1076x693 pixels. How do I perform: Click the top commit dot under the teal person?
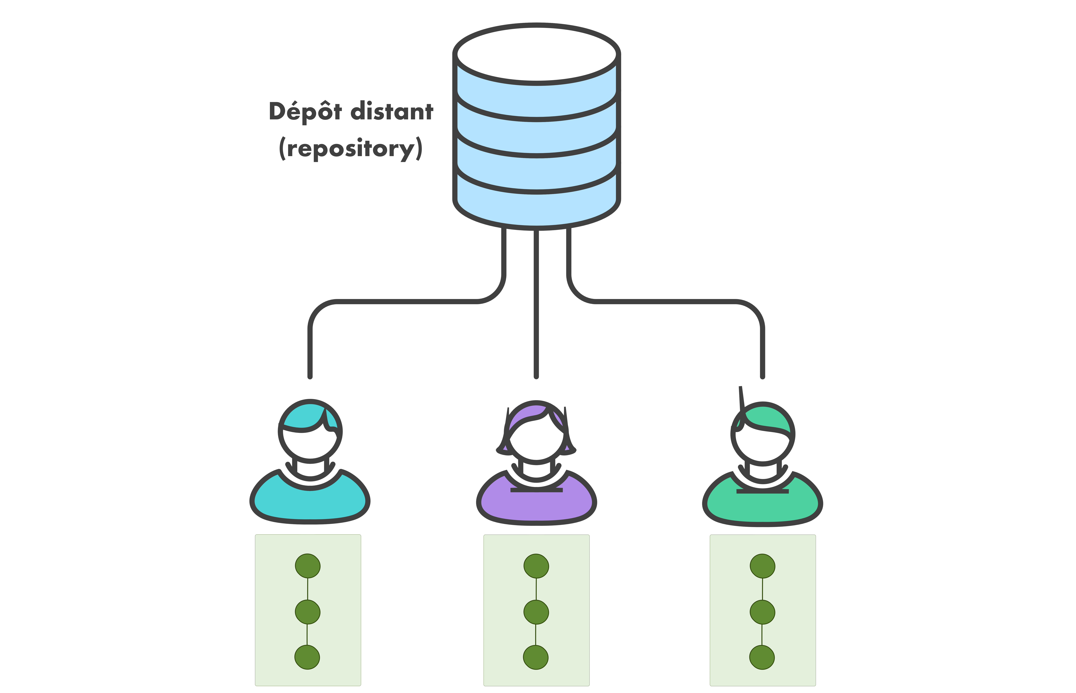[x=308, y=566]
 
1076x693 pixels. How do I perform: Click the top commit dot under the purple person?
[x=536, y=566]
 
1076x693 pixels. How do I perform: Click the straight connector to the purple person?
[x=536, y=306]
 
